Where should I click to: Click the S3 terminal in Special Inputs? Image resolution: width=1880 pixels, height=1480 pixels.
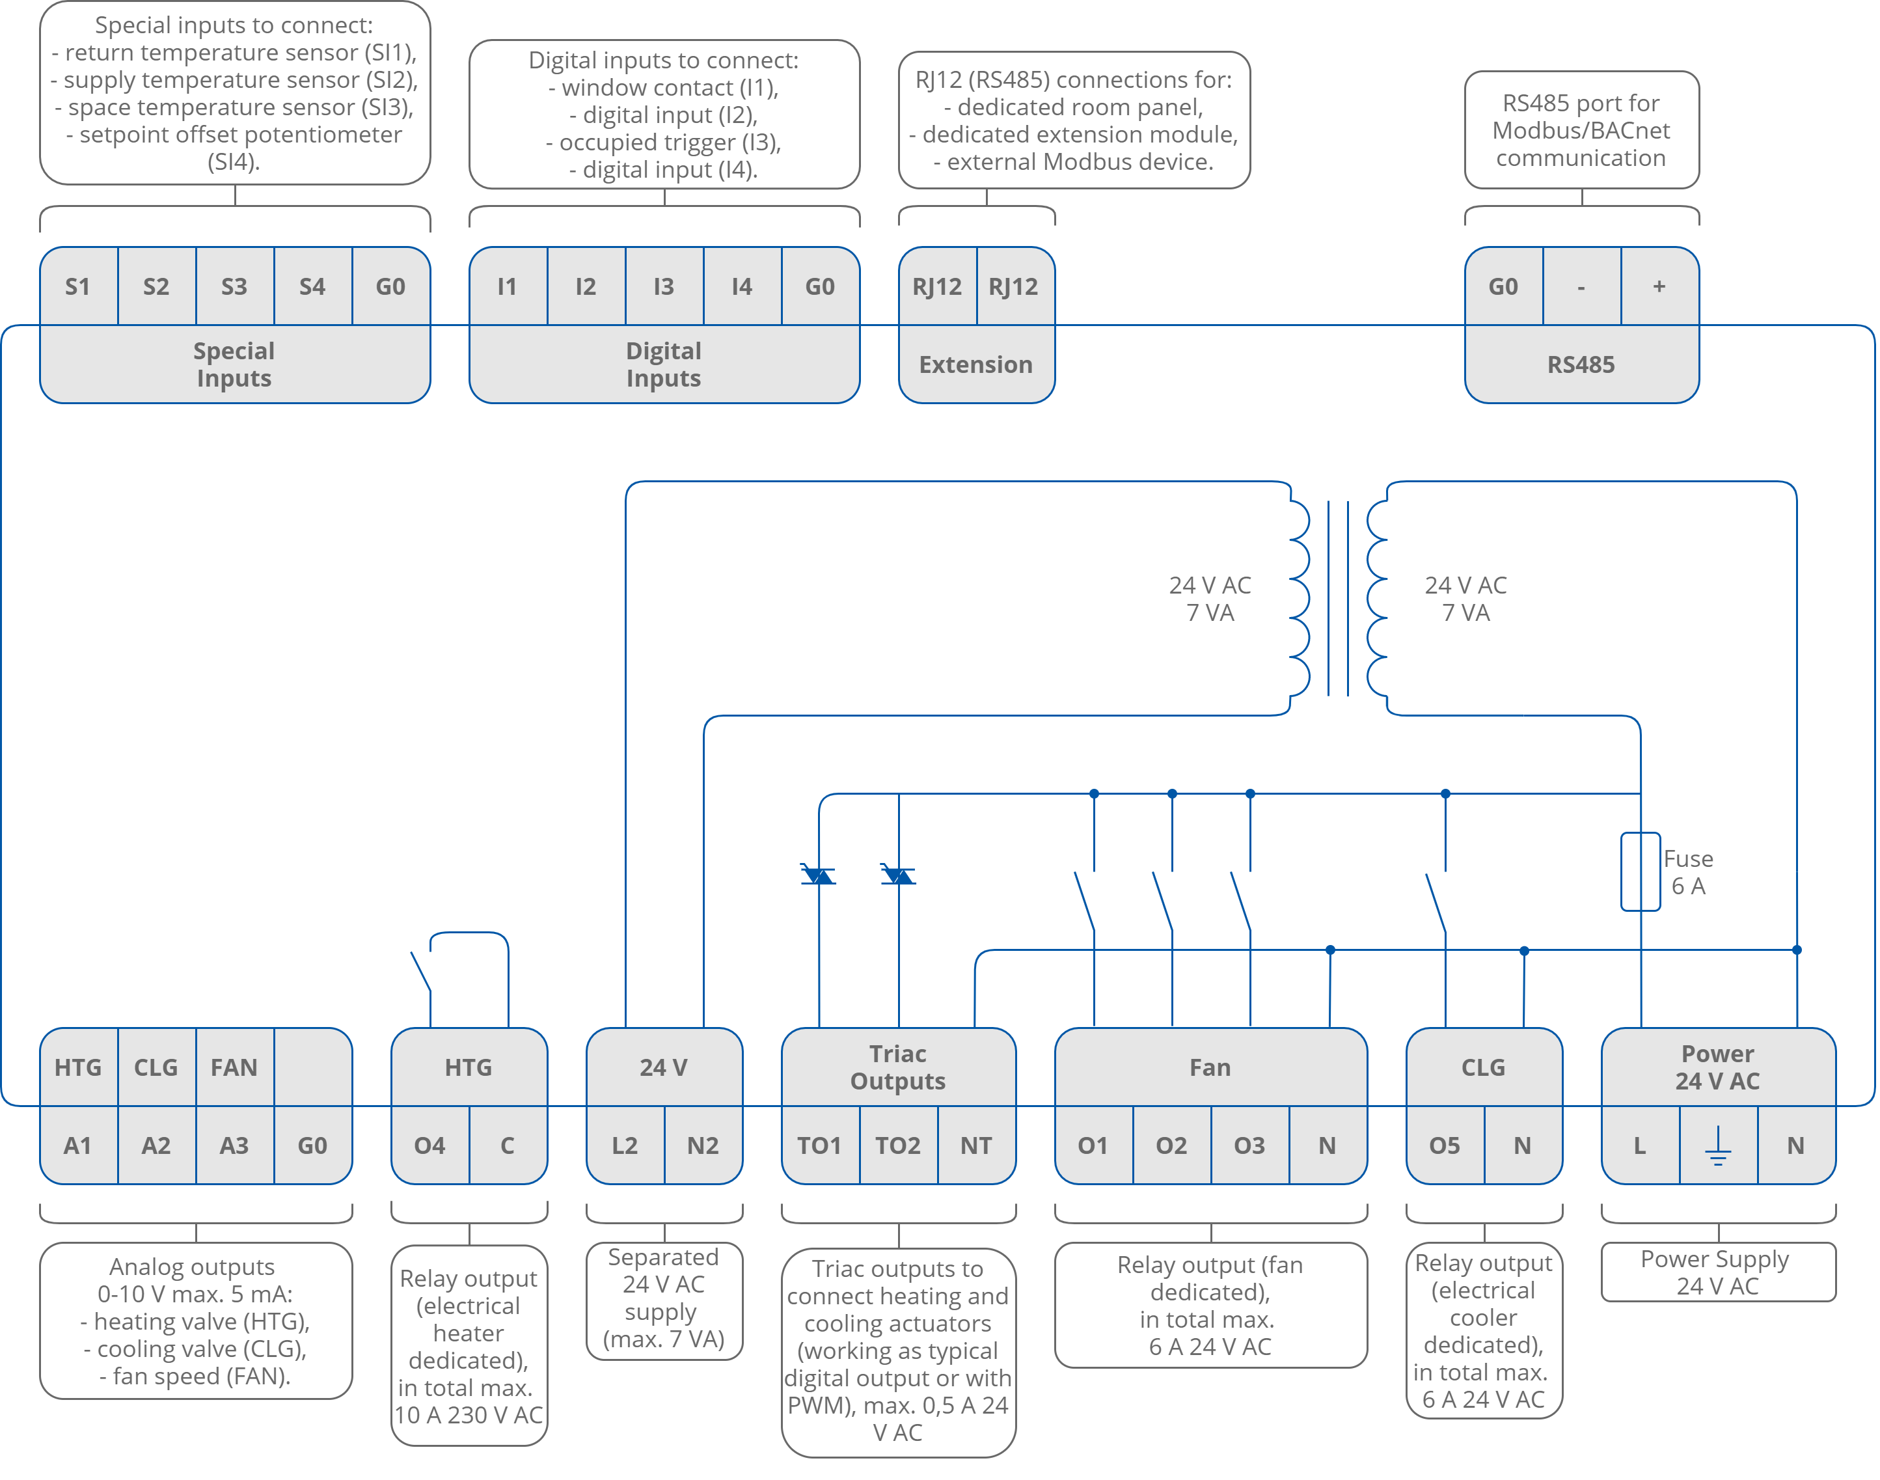click(x=234, y=287)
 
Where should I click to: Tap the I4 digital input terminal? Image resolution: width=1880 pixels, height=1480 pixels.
click(x=742, y=287)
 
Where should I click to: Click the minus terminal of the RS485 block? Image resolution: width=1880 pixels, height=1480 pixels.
click(x=1581, y=287)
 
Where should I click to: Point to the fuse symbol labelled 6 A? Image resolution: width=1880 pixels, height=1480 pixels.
click(x=1640, y=871)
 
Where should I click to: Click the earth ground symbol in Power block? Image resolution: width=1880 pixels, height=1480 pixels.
click(x=1717, y=1145)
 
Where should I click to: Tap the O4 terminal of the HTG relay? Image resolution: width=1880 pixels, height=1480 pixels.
click(x=429, y=1145)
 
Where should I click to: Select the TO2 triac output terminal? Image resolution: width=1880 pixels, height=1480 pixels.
click(x=897, y=1145)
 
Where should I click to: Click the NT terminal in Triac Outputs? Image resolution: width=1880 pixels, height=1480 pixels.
click(x=975, y=1145)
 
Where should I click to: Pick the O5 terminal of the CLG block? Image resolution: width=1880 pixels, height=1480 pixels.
click(x=1444, y=1145)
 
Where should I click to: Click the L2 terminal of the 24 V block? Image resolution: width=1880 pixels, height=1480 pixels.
click(x=625, y=1145)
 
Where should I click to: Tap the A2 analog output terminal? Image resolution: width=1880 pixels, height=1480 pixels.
click(x=156, y=1145)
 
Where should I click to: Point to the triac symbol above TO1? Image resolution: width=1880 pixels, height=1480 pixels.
click(x=819, y=875)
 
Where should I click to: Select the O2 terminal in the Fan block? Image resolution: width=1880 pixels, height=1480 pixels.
click(x=1171, y=1145)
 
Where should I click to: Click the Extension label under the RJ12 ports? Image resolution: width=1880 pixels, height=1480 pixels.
click(x=975, y=365)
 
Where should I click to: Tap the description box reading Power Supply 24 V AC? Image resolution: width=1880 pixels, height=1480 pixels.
click(x=1717, y=1272)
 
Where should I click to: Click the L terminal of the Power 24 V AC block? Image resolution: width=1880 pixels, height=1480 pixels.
click(x=1639, y=1145)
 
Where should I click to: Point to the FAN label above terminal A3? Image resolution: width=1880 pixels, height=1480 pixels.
click(x=234, y=1067)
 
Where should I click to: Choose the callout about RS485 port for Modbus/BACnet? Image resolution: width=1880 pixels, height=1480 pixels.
click(x=1581, y=130)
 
